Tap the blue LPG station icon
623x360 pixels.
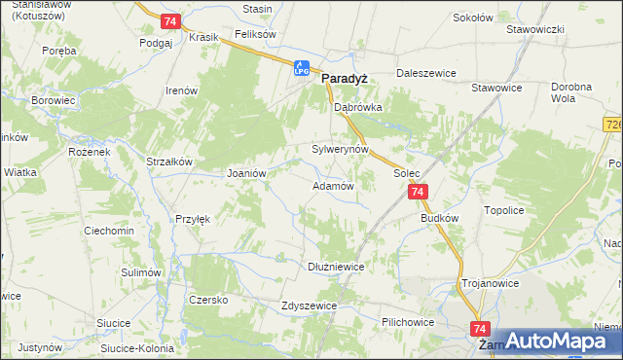click(x=302, y=68)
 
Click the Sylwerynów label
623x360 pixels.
click(x=340, y=150)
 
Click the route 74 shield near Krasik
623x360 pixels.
click(x=170, y=21)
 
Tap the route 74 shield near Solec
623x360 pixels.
click(x=418, y=193)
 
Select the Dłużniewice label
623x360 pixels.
click(x=335, y=264)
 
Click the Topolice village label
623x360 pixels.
click(x=505, y=210)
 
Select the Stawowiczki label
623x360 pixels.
click(x=535, y=29)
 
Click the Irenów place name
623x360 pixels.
click(x=182, y=90)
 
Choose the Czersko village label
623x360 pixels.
click(x=208, y=300)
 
